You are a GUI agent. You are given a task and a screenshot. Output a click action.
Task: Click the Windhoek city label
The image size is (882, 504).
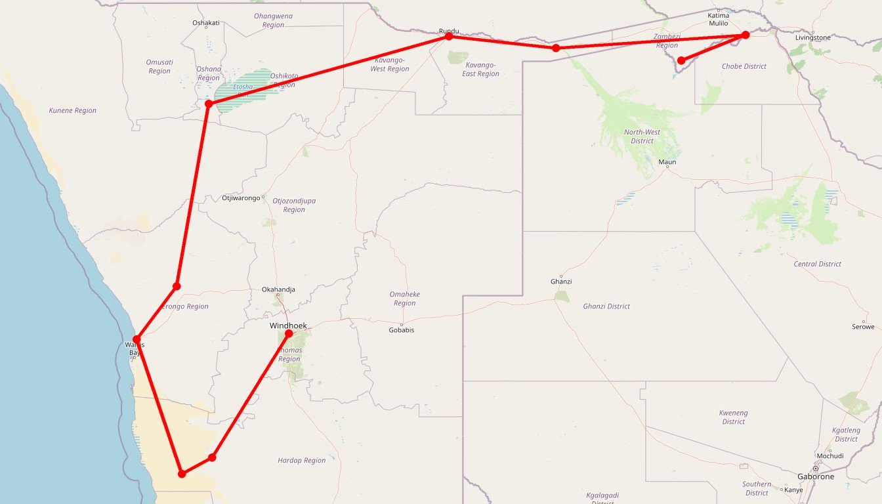(x=288, y=325)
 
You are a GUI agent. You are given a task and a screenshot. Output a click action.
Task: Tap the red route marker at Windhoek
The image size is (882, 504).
(x=289, y=333)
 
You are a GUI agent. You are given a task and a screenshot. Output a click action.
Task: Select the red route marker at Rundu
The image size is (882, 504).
(x=449, y=37)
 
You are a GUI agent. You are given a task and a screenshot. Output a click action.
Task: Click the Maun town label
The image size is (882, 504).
(x=667, y=161)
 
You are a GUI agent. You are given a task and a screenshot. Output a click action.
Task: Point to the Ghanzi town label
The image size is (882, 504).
(x=561, y=282)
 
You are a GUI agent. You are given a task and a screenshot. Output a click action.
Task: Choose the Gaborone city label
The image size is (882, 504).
(x=815, y=476)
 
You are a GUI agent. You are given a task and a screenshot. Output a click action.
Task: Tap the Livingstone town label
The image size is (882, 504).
(x=812, y=37)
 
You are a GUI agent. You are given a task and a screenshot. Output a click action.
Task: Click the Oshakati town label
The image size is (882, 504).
(x=206, y=23)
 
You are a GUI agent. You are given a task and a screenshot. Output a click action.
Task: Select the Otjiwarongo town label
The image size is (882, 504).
(x=241, y=198)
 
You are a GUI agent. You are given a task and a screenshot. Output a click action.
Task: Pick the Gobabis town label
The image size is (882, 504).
(x=402, y=330)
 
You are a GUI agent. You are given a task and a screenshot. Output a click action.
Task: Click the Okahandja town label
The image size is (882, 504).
(x=278, y=289)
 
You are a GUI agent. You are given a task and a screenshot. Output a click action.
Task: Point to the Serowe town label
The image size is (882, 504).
(x=863, y=326)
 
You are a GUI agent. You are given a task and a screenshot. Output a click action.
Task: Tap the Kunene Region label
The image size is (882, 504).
(x=73, y=111)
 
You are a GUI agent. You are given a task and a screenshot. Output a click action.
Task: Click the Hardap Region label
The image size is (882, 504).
(x=301, y=461)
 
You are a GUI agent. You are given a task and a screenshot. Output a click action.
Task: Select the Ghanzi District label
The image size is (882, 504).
(x=606, y=306)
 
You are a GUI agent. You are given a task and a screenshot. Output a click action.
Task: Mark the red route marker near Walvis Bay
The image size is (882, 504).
(x=136, y=339)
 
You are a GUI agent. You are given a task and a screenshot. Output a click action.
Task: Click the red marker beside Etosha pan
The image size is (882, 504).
(x=208, y=104)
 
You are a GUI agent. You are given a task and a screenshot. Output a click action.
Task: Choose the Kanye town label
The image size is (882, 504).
(x=793, y=490)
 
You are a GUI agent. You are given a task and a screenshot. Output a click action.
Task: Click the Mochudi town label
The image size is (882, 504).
(x=830, y=455)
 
